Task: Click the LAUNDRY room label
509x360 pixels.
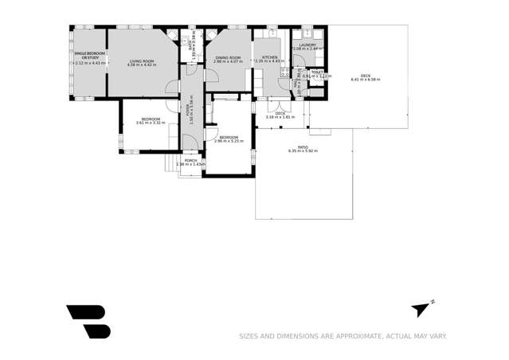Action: [307, 45]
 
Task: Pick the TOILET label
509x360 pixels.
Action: [316, 72]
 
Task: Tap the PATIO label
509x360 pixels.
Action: [303, 147]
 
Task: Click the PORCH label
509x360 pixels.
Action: [190, 161]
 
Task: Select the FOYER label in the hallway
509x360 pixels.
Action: [189, 111]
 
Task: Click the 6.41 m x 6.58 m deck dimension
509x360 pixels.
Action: [366, 80]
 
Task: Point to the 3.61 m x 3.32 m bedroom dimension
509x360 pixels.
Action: [151, 123]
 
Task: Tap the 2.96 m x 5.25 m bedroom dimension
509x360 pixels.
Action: [229, 141]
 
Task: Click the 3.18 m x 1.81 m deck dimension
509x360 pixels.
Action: [280, 117]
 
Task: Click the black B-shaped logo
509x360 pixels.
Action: [88, 321]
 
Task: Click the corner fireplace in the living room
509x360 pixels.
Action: [170, 35]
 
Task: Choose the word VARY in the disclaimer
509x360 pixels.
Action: [436, 336]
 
